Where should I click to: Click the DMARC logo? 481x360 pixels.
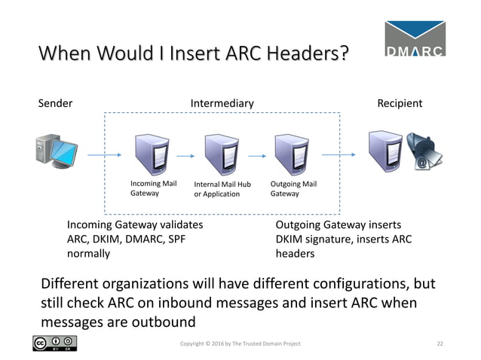click(414, 38)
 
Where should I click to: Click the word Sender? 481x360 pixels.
click(55, 103)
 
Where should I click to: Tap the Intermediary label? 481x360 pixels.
click(222, 103)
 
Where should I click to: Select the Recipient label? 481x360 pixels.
click(400, 103)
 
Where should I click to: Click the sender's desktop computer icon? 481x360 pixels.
click(57, 150)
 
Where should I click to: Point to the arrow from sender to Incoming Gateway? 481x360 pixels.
click(103, 155)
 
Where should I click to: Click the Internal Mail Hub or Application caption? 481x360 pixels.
click(222, 189)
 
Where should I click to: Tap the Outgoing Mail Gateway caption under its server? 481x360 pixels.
click(293, 188)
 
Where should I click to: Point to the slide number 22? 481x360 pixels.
click(440, 343)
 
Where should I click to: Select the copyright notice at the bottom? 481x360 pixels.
click(239, 343)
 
